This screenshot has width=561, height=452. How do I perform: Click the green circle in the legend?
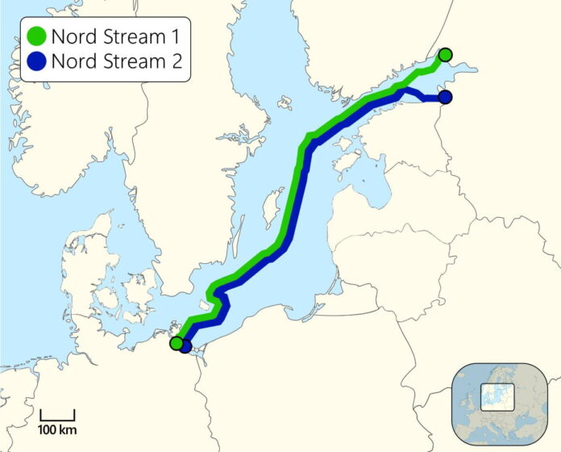pyautogui.click(x=35, y=36)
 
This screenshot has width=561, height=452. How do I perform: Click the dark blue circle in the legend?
pyautogui.click(x=35, y=61)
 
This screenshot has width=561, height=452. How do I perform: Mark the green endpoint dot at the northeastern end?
pyautogui.click(x=445, y=55)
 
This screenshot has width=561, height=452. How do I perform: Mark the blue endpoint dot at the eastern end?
pyautogui.click(x=445, y=98)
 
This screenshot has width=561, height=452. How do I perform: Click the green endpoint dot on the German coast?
pyautogui.click(x=176, y=343)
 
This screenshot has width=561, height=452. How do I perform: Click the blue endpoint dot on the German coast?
pyautogui.click(x=185, y=347)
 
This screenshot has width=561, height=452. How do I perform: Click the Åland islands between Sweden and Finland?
pyautogui.click(x=285, y=103)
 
